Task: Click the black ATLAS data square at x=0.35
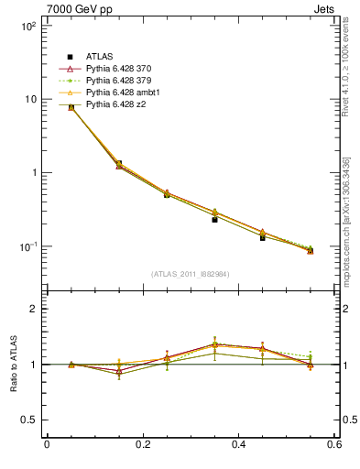pos(214,220)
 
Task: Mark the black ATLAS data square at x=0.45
pos(263,237)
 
